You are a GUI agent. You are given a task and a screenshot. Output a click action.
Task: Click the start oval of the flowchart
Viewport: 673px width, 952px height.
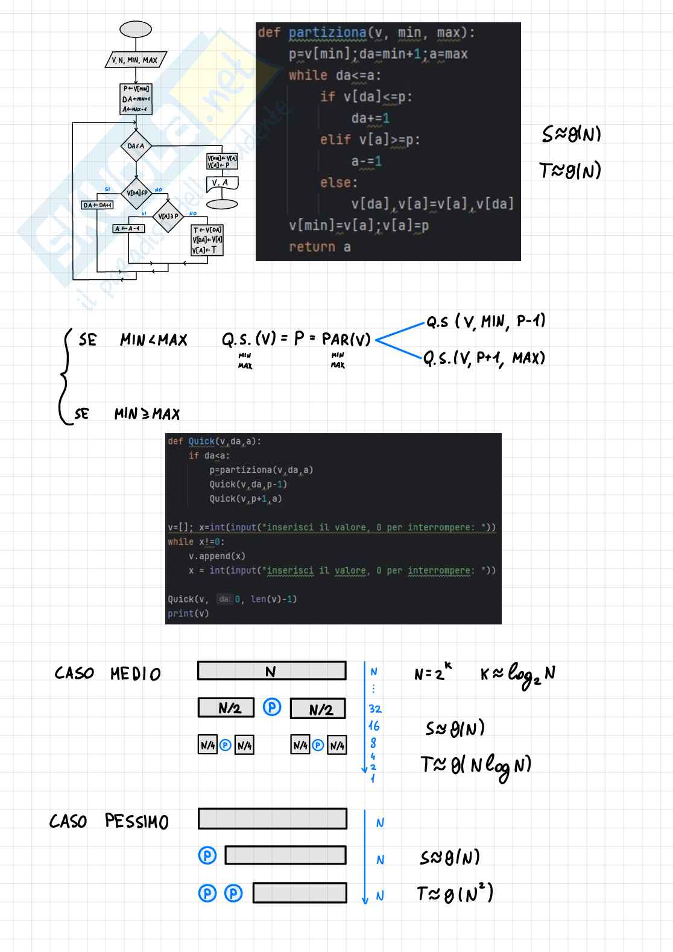click(136, 29)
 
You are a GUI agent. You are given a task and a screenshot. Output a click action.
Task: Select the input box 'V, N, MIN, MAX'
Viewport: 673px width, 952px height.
click(135, 60)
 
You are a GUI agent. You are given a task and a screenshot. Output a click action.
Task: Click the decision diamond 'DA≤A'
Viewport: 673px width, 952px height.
click(136, 146)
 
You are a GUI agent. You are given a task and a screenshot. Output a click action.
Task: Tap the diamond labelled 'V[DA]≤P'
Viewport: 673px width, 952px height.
click(136, 193)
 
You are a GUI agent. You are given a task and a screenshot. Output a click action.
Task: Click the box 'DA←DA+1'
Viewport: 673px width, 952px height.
click(97, 205)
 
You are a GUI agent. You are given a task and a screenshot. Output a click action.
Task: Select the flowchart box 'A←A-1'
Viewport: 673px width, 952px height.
click(128, 229)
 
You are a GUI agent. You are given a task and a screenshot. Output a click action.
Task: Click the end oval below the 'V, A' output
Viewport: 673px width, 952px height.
click(222, 205)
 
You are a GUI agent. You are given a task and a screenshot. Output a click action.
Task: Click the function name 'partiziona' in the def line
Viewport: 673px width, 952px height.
click(327, 33)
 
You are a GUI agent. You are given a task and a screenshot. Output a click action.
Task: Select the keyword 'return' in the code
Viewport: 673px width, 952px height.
click(312, 247)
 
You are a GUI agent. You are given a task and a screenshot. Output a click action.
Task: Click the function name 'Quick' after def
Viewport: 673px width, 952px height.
click(201, 442)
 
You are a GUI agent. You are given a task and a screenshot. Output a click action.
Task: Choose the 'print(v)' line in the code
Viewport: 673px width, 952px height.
click(188, 614)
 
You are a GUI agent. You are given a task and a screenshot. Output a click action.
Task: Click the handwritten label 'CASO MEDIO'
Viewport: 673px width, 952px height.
click(107, 673)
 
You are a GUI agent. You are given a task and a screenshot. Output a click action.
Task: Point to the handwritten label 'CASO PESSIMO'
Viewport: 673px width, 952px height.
click(109, 821)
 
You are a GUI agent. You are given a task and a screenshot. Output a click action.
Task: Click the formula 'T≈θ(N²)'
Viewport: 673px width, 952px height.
click(455, 893)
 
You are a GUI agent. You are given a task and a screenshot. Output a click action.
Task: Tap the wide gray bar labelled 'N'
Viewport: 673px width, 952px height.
click(271, 671)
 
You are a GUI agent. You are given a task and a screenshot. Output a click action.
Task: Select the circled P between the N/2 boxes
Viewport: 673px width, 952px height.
click(272, 707)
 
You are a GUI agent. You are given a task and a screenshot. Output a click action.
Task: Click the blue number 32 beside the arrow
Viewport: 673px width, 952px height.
click(375, 709)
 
